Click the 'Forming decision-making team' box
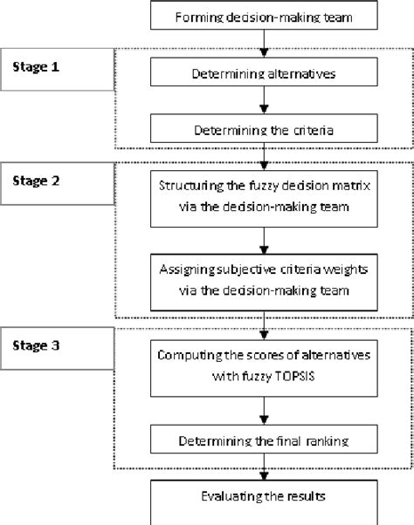point(265,17)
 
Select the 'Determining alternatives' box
point(265,76)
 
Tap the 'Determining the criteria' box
point(265,132)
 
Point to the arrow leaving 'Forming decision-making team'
point(265,42)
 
